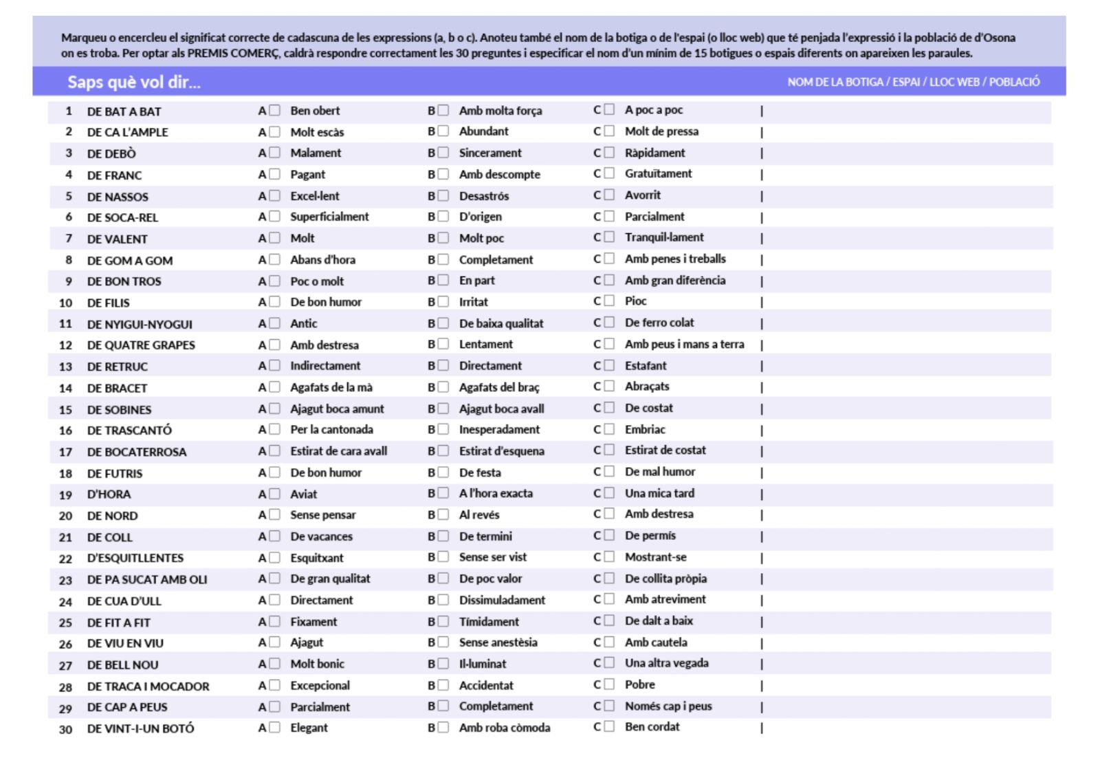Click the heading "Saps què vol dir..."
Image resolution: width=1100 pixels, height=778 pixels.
[x=133, y=83]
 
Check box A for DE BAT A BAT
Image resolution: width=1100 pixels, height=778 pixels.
[x=274, y=111]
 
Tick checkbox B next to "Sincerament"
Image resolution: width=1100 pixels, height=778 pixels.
[x=443, y=153]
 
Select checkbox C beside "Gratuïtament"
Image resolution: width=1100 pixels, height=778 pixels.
[x=609, y=173]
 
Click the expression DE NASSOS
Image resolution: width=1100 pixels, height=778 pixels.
[x=118, y=197]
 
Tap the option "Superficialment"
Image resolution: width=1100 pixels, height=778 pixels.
[x=329, y=217]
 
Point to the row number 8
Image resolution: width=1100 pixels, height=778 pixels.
[x=69, y=260]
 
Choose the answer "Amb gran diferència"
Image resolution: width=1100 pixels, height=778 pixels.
[x=674, y=280]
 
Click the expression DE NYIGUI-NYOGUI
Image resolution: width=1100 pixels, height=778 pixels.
[x=140, y=324]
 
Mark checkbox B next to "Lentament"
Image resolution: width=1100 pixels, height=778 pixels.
[x=443, y=344]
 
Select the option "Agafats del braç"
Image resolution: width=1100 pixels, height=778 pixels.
[x=499, y=387]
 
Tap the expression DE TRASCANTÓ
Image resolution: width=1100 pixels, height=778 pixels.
[x=129, y=430]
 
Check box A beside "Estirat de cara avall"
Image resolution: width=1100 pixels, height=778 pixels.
[x=274, y=451]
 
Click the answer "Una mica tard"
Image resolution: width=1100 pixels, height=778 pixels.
[x=659, y=493]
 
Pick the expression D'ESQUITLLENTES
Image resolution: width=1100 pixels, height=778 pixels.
[x=135, y=558]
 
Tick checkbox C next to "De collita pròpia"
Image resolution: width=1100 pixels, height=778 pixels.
[x=609, y=579]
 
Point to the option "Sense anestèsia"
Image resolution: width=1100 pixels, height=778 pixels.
[x=498, y=642]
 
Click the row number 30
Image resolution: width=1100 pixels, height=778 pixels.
[x=65, y=728]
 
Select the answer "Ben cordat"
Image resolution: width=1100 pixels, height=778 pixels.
[x=652, y=726]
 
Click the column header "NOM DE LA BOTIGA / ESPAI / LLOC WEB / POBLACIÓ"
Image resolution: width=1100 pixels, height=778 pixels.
[x=913, y=82]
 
